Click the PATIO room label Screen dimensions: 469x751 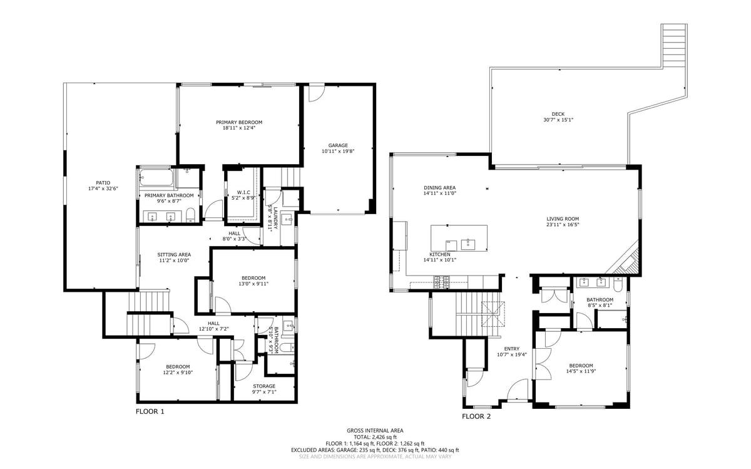click(x=103, y=183)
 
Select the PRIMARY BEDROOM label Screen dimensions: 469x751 click(x=239, y=122)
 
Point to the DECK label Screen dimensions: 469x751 click(x=558, y=114)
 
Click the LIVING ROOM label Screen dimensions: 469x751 click(x=563, y=219)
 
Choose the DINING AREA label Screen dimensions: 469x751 click(x=439, y=188)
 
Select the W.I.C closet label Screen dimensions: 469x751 click(x=243, y=192)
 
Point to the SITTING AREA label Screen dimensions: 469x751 click(x=174, y=255)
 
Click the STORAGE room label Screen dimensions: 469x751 click(x=263, y=386)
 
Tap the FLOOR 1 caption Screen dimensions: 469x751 click(x=150, y=412)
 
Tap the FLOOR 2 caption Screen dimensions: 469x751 click(x=476, y=416)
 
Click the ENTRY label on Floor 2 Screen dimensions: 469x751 click(x=512, y=349)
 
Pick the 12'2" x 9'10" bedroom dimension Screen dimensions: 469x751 click(x=178, y=372)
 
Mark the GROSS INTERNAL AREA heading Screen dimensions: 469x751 click(x=375, y=430)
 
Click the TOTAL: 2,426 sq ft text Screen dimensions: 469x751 click(x=375, y=437)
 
